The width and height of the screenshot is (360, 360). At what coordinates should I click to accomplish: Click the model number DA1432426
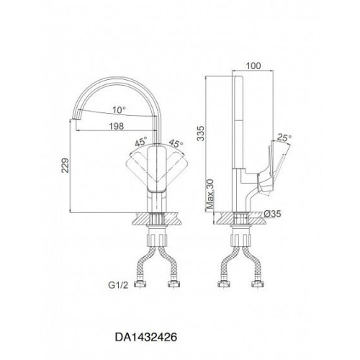146,337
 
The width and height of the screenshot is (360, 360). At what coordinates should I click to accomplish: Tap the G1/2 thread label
118,285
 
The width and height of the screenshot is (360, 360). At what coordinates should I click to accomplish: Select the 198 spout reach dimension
117,126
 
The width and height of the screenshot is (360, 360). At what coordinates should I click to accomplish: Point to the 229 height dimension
65,166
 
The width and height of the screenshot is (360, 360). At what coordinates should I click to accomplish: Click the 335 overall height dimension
200,133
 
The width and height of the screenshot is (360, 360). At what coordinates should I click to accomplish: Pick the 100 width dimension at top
253,66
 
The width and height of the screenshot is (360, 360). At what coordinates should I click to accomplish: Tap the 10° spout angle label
120,110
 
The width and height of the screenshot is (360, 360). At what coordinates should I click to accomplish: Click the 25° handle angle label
284,138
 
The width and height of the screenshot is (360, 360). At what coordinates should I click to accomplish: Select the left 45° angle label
141,142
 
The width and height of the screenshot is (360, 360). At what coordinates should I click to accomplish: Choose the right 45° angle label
176,143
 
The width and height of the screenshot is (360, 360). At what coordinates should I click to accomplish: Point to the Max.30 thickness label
210,194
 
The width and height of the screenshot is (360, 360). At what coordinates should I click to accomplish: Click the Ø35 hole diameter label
272,214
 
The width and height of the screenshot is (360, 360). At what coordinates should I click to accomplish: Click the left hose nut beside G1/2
140,284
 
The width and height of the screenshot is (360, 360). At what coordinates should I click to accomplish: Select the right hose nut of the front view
174,284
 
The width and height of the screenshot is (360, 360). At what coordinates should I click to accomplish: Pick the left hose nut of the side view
224,284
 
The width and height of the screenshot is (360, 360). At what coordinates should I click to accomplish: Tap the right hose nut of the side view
258,284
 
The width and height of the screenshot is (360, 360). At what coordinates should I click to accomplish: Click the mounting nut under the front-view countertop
157,238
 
